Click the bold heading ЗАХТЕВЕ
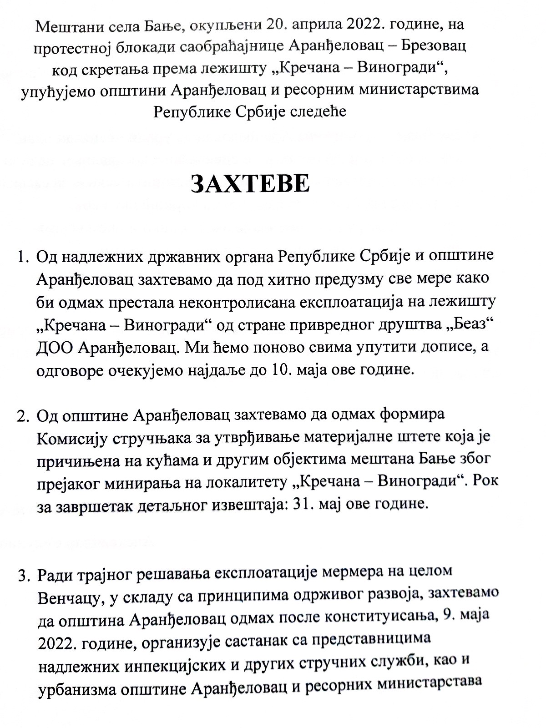coord(250,184)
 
